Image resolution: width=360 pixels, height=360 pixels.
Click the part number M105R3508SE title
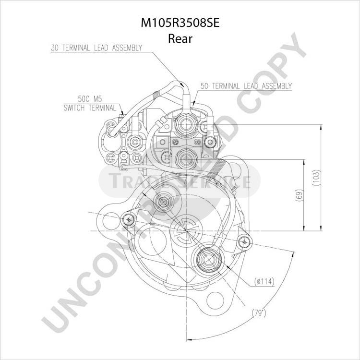click(x=180, y=23)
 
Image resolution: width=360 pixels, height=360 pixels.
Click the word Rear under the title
click(x=180, y=38)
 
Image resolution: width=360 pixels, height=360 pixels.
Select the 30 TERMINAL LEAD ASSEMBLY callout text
click(x=96, y=48)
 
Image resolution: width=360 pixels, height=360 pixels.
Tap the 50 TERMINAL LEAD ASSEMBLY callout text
click(x=246, y=86)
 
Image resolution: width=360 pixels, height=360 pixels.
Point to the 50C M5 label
click(x=90, y=99)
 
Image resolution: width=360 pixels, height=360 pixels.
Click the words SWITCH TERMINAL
click(x=90, y=108)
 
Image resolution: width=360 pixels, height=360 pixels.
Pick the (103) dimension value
click(x=316, y=178)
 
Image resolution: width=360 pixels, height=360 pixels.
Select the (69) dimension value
click(x=299, y=196)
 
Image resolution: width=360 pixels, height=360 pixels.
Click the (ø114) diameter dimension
click(x=264, y=281)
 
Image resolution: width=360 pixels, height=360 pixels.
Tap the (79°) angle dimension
click(x=259, y=313)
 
